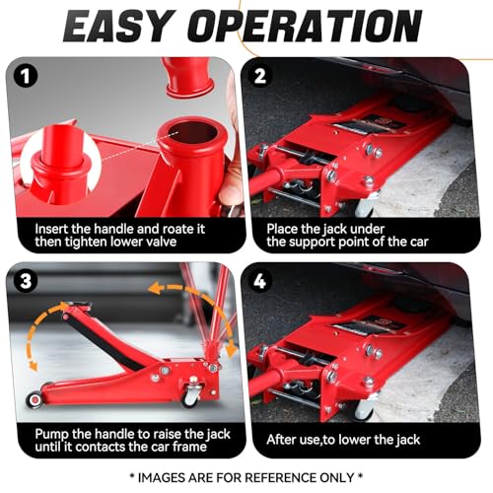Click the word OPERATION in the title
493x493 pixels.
tap(305, 26)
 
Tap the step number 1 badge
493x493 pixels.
tap(26, 76)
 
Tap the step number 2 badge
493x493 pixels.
tap(260, 76)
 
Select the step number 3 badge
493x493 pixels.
tap(26, 281)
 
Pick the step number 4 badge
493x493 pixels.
tap(260, 281)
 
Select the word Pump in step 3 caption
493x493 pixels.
tap(51, 435)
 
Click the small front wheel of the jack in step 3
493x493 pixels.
tap(35, 400)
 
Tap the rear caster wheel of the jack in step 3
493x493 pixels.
tap(191, 397)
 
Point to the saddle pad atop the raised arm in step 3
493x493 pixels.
tap(78, 304)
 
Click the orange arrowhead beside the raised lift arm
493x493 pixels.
tap(34, 366)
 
